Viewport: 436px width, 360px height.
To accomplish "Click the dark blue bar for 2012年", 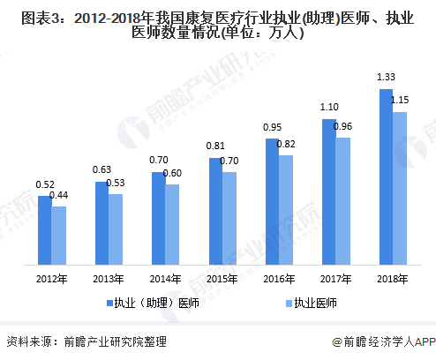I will coord(44,229).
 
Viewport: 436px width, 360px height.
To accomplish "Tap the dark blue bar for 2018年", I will coord(385,177).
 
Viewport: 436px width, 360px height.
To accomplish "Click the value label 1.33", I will coord(385,79).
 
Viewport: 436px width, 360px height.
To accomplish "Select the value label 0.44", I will coord(59,195).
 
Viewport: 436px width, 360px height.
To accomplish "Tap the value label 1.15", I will coord(400,101).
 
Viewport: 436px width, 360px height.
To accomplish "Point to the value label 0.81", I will coord(215,146).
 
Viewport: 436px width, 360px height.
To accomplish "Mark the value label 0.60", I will coord(173,173).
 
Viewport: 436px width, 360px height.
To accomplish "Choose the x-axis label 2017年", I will coord(335,281).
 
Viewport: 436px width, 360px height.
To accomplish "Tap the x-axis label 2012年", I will coord(51,281).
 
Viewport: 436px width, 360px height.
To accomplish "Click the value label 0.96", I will coord(342,126).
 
